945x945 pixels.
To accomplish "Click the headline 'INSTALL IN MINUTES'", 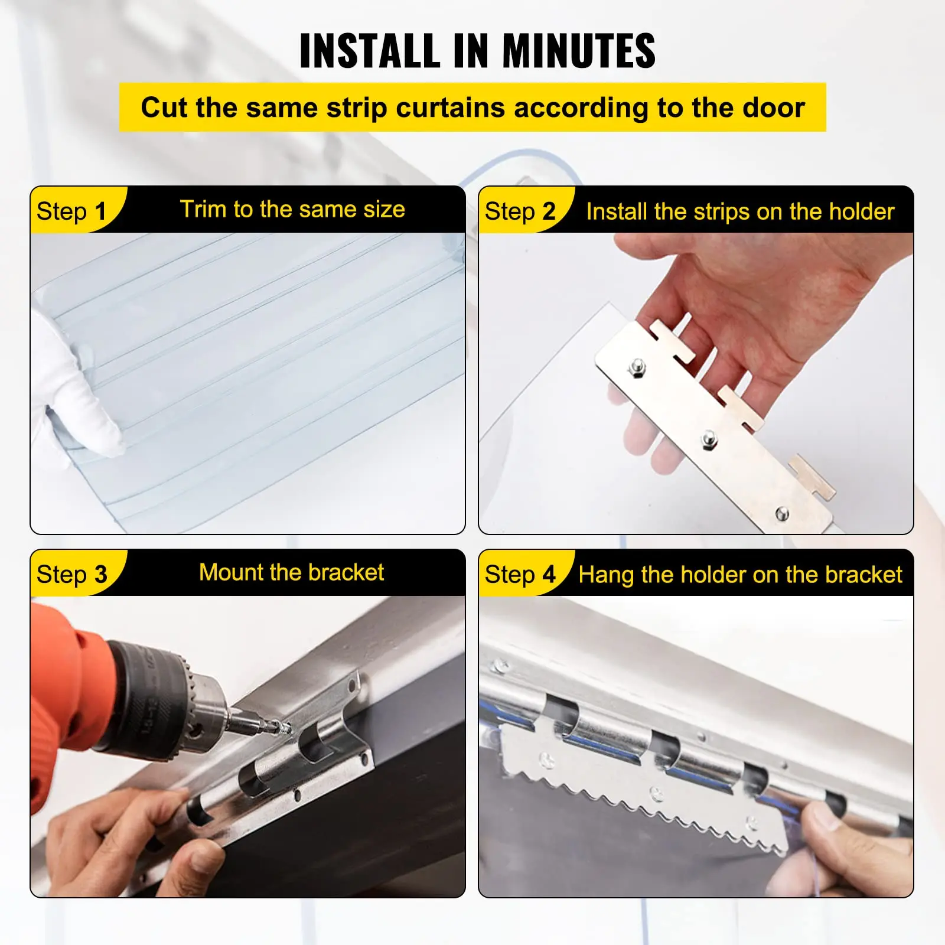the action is point(477,51).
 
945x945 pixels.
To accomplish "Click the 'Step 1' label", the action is point(71,211).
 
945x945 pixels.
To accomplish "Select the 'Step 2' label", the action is point(520,211).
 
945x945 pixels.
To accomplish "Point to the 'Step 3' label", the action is point(71,574).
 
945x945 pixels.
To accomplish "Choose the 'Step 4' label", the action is point(520,574).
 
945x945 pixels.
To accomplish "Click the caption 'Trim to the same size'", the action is point(292,209).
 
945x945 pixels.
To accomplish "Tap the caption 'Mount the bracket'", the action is point(292,572).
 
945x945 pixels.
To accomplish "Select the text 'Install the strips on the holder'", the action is point(740,211).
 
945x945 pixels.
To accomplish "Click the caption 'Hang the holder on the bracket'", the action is point(740,575).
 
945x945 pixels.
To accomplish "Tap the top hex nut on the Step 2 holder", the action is point(638,368).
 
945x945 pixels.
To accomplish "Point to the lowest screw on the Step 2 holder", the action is point(782,513).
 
